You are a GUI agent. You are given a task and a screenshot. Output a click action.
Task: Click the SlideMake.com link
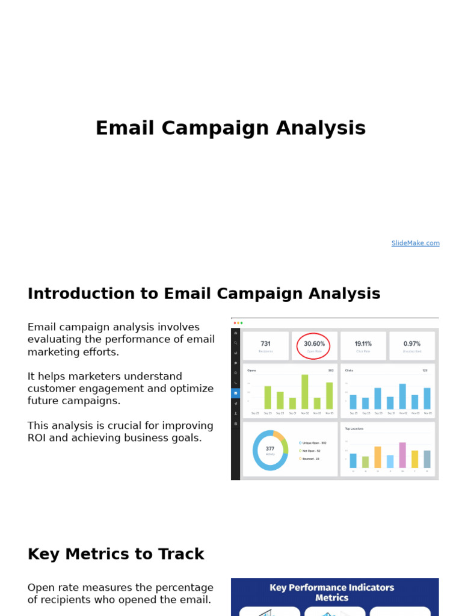point(415,243)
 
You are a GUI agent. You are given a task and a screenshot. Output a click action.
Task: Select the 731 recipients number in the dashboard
point(265,343)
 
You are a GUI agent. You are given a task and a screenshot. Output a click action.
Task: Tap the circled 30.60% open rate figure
point(314,344)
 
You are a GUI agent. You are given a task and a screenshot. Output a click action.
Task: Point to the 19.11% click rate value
point(363,343)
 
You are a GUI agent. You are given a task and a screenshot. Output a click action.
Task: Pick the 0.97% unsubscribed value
point(411,343)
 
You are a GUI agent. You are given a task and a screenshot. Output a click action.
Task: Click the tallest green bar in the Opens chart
point(305,392)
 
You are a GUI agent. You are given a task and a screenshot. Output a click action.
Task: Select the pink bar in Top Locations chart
point(402,455)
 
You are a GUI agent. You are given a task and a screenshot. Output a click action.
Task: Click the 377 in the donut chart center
point(270,449)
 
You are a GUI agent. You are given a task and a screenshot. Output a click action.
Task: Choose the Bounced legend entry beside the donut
point(310,458)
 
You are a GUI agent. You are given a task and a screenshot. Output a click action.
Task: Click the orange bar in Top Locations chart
point(378,457)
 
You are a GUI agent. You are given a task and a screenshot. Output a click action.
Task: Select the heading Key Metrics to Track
point(116,554)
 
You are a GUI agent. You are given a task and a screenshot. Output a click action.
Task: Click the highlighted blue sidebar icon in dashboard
point(235,393)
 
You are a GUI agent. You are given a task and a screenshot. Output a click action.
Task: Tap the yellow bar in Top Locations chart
point(414,459)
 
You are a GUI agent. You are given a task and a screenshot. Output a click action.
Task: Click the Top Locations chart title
point(354,429)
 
